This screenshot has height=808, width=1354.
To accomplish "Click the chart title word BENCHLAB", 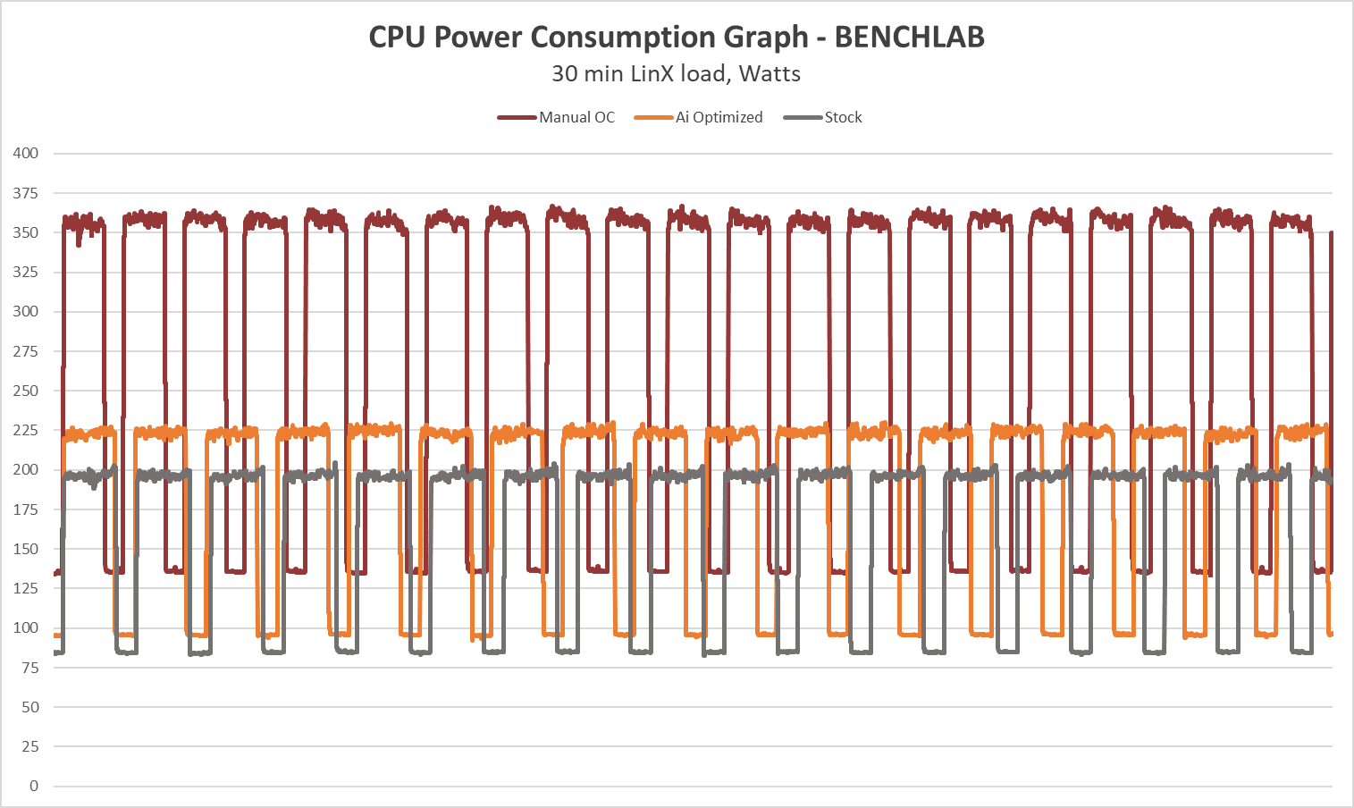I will [909, 38].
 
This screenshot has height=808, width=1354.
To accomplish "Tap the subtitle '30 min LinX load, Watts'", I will [676, 73].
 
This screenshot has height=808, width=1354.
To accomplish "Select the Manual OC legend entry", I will [576, 117].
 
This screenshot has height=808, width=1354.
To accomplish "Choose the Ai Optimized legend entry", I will [719, 117].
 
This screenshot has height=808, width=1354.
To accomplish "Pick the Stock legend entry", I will [843, 117].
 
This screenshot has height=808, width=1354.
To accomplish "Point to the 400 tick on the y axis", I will [26, 153].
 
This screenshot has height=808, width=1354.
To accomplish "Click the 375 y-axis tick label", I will [26, 193].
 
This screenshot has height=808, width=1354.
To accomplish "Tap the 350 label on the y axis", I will [26, 232].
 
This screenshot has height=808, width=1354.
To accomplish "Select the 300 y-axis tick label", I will [26, 311].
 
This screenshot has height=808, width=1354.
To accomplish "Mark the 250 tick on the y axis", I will [26, 391].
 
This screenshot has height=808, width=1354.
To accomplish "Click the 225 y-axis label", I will [26, 430].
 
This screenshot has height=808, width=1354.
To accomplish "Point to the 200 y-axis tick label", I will [26, 469].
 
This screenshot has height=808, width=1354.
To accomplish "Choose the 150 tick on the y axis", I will [26, 549].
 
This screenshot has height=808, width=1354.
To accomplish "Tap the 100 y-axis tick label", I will [26, 627].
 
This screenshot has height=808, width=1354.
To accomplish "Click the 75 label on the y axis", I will [30, 668].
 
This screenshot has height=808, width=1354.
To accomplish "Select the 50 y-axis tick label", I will [30, 707].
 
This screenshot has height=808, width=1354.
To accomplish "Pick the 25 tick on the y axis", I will [30, 746].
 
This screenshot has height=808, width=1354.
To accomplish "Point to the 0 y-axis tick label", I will [34, 786].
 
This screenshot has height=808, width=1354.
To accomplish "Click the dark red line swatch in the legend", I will [517, 117].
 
